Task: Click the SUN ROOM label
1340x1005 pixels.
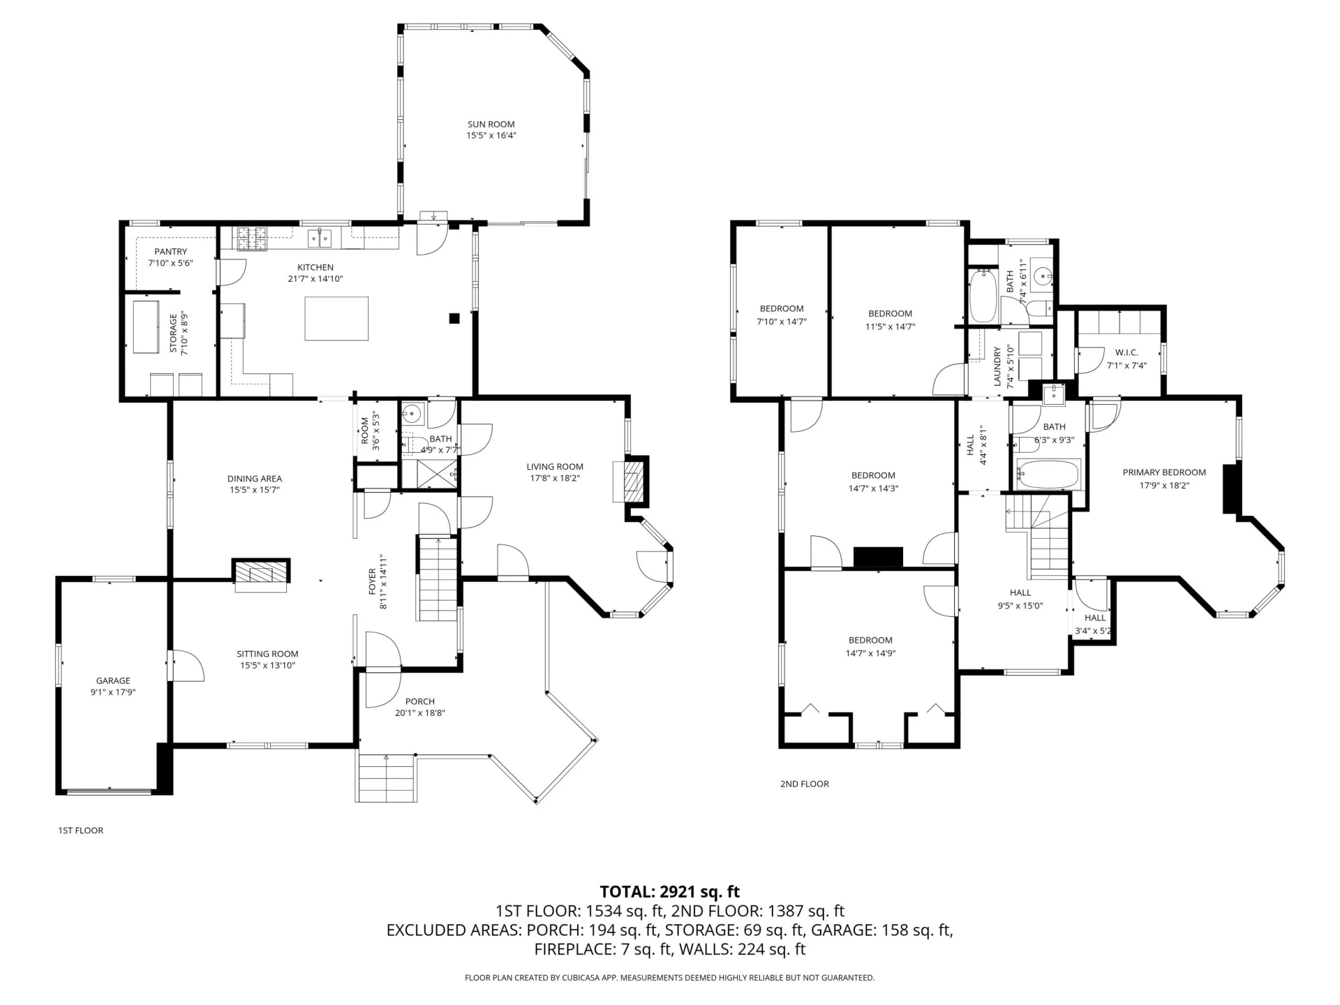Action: [x=491, y=124]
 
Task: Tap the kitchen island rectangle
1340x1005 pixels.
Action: [x=336, y=318]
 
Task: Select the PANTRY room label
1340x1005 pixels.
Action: [x=171, y=252]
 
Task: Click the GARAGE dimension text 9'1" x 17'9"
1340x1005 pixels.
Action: [x=113, y=692]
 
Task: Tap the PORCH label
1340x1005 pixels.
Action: [x=420, y=701]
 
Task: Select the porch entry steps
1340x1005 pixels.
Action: [x=386, y=777]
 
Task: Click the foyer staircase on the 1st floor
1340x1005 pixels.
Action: [x=438, y=579]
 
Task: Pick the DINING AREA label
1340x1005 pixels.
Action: [x=255, y=479]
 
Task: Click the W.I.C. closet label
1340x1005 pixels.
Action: [x=1126, y=353]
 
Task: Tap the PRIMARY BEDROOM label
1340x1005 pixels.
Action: [x=1164, y=472]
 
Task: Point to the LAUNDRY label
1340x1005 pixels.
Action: [x=997, y=366]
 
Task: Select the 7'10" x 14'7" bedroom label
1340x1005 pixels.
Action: [x=782, y=315]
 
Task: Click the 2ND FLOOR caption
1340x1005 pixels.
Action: [x=805, y=784]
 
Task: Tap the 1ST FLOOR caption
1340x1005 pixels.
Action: [x=80, y=831]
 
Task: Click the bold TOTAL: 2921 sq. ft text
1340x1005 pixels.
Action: [x=670, y=892]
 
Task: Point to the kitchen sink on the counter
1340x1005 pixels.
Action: [x=321, y=239]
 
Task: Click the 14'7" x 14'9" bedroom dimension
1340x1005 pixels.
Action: [x=870, y=654]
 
